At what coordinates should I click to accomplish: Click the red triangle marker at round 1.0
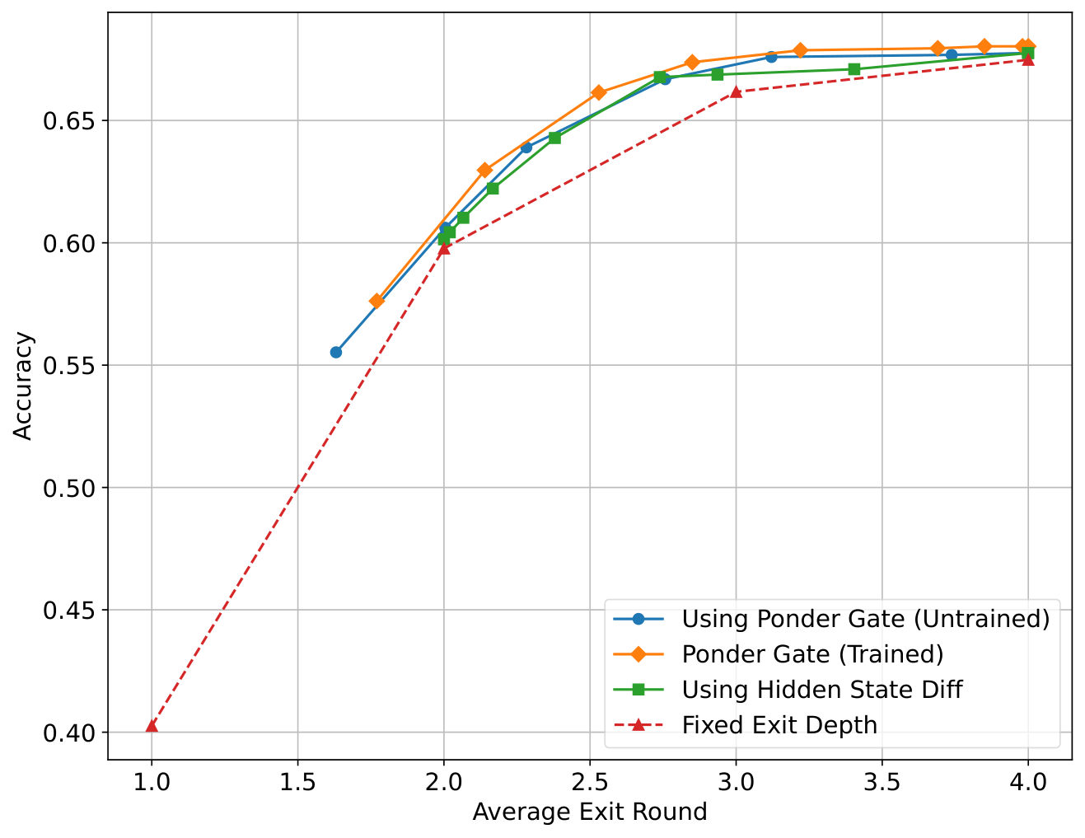pyautogui.click(x=152, y=726)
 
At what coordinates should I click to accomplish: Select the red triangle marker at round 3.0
pyautogui.click(x=736, y=91)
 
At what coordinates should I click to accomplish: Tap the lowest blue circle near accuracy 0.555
pyautogui.click(x=336, y=352)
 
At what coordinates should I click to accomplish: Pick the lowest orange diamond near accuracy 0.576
pyautogui.click(x=376, y=301)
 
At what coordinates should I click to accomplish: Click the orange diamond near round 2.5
pyautogui.click(x=598, y=92)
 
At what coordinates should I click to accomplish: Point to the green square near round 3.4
pyautogui.click(x=854, y=69)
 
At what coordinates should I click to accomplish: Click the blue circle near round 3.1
pyautogui.click(x=771, y=57)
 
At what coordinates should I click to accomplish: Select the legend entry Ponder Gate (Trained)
pyautogui.click(x=812, y=654)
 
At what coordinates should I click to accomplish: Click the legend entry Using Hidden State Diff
pyautogui.click(x=821, y=690)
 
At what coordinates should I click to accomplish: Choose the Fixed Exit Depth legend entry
pyautogui.click(x=779, y=725)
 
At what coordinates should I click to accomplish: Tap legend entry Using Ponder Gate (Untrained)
pyautogui.click(x=865, y=619)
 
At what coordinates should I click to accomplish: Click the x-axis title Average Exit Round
pyautogui.click(x=590, y=812)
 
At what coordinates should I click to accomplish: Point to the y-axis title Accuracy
pyautogui.click(x=24, y=386)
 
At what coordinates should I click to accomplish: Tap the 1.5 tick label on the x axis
pyautogui.click(x=297, y=780)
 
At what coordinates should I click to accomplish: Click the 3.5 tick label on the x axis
pyautogui.click(x=882, y=780)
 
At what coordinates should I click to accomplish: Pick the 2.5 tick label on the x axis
pyautogui.click(x=590, y=780)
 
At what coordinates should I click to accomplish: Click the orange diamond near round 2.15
pyautogui.click(x=485, y=170)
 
